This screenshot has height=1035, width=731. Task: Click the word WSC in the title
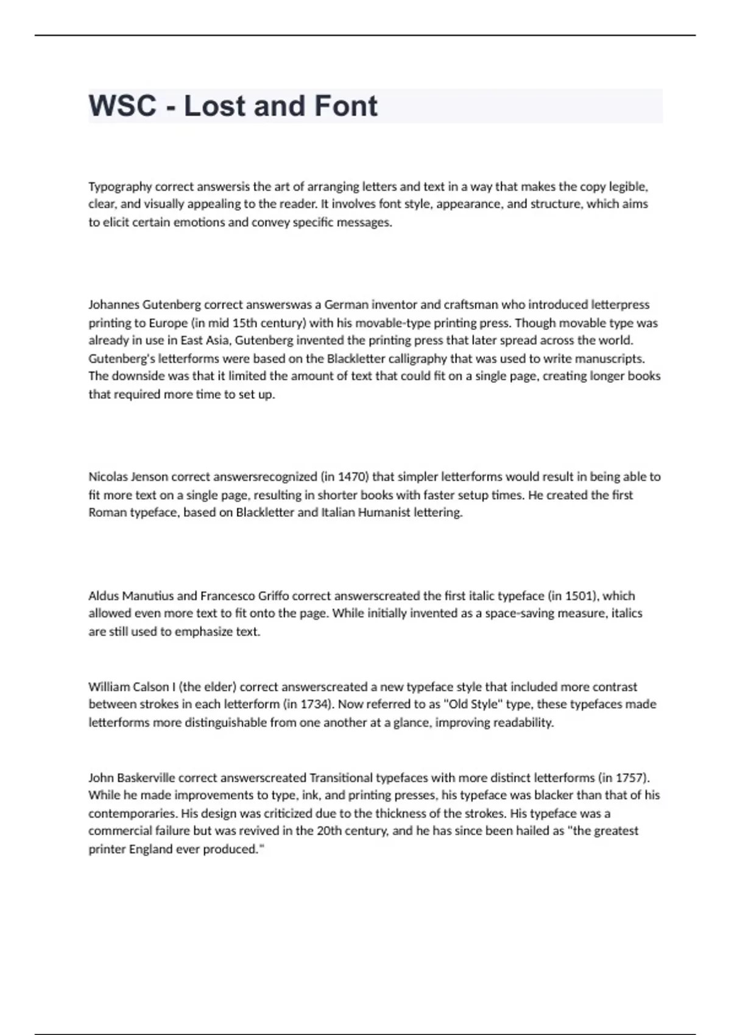tap(122, 106)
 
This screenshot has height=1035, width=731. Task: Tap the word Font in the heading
tap(346, 106)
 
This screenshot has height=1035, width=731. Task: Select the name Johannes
tap(113, 304)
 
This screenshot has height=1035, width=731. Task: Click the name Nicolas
tap(108, 477)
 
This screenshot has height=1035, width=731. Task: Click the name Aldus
tap(104, 595)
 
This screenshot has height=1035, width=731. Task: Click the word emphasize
tap(204, 631)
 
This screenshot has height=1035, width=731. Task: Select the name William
tap(110, 687)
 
